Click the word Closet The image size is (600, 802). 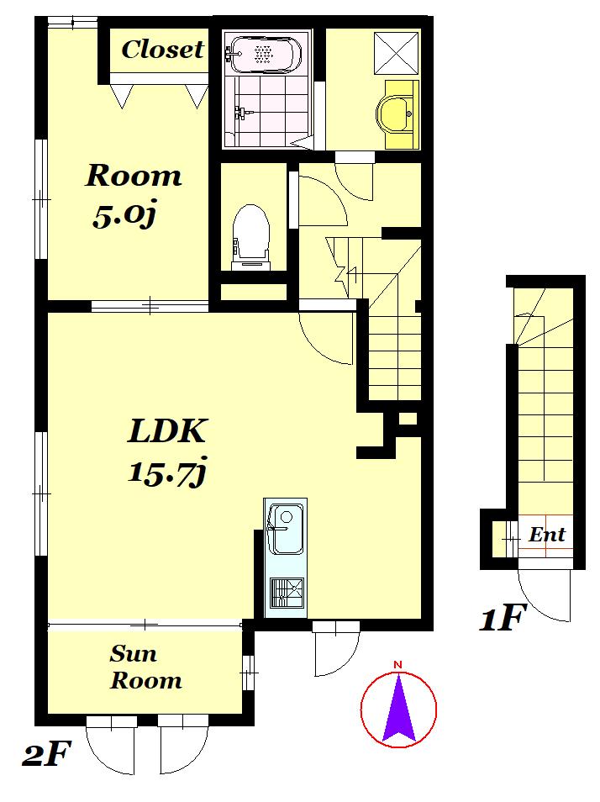(162, 50)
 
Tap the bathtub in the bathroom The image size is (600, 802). (262, 54)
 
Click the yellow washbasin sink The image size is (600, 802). (394, 114)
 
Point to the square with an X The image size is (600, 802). (397, 53)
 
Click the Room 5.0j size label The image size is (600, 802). (124, 215)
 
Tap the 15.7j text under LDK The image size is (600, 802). (166, 472)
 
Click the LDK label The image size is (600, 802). (166, 431)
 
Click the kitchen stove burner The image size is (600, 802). (287, 593)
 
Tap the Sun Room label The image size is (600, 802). (145, 667)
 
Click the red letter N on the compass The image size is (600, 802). (397, 664)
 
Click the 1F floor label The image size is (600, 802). (502, 617)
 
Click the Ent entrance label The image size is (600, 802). (547, 535)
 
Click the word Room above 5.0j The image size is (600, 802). (134, 176)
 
